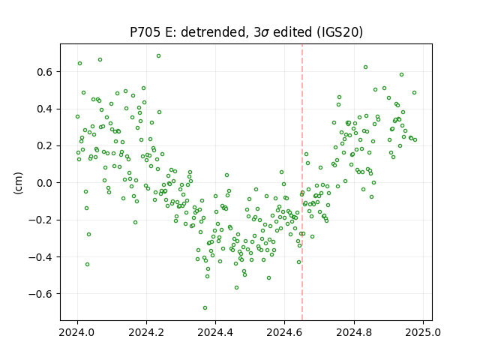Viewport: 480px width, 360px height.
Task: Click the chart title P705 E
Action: pos(247,32)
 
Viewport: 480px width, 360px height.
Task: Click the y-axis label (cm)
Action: pos(18,183)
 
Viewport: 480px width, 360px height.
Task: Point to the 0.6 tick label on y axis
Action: pos(45,72)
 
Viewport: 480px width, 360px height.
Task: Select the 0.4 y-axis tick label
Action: pos(45,109)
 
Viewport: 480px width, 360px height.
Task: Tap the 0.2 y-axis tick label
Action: pos(45,146)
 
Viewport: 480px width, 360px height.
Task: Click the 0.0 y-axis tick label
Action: pos(45,183)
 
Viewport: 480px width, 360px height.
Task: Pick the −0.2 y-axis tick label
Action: pos(40,220)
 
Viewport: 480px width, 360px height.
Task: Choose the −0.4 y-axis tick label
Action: pos(40,257)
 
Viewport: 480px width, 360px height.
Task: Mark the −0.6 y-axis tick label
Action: pos(40,294)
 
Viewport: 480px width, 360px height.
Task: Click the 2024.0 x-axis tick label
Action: pos(77,332)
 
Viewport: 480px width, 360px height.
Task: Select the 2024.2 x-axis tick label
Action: pos(147,332)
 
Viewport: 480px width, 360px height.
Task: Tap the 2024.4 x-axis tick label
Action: pos(215,332)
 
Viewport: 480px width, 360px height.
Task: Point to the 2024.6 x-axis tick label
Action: pos(285,332)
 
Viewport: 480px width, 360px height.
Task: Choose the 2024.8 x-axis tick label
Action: pos(354,332)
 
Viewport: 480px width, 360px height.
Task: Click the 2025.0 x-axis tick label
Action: pos(423,332)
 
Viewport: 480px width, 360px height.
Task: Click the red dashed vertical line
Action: pos(302,182)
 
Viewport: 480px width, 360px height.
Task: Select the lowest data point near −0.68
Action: pos(205,307)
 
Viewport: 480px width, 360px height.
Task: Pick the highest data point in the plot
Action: pos(158,56)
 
